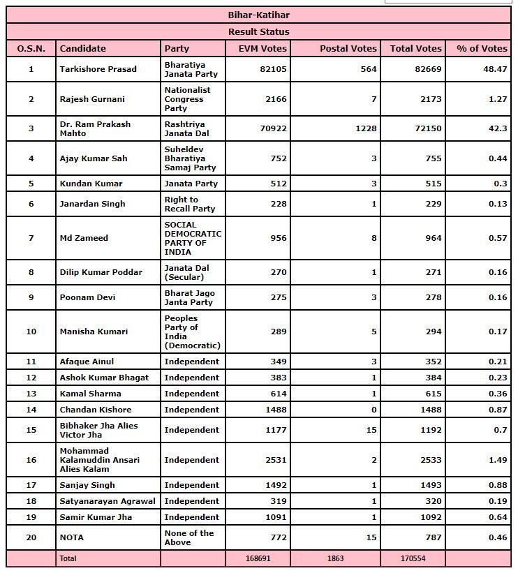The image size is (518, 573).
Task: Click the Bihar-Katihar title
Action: [258, 15]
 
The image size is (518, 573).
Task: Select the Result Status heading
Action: [258, 31]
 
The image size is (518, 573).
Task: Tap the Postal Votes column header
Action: [348, 48]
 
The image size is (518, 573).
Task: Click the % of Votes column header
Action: [482, 48]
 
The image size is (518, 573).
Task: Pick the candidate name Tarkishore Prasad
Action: [98, 69]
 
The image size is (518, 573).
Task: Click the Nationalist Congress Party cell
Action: [187, 99]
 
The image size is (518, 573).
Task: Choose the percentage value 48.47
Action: [496, 69]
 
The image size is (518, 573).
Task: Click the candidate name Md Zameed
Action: [84, 238]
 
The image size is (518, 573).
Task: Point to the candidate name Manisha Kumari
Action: [94, 332]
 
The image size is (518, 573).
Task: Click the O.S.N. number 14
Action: [31, 410]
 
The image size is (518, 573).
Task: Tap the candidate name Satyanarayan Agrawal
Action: [108, 501]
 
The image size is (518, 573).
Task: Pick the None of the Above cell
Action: [189, 537]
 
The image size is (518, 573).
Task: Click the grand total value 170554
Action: [427, 558]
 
